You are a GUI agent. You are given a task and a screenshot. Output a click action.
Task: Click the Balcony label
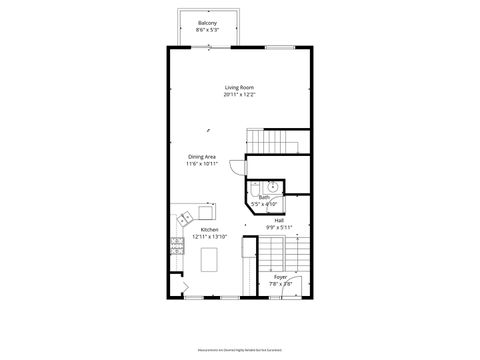click(207, 23)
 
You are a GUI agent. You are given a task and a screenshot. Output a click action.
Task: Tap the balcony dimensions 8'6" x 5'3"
click(207, 30)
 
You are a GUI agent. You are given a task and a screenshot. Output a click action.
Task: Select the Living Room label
click(239, 88)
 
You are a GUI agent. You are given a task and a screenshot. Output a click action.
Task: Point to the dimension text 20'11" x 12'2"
click(239, 95)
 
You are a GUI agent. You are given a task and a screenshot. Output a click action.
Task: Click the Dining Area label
click(202, 156)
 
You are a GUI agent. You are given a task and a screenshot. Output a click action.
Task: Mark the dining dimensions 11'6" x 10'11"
click(202, 163)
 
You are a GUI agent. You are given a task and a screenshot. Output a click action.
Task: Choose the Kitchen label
click(209, 229)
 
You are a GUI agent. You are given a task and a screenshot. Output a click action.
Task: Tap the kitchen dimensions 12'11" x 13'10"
click(209, 236)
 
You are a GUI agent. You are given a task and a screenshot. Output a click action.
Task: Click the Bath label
click(264, 197)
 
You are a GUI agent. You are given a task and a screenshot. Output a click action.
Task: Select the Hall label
click(279, 220)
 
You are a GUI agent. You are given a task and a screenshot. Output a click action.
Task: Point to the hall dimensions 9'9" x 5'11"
click(279, 227)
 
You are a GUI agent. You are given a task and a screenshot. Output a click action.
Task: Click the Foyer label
click(280, 277)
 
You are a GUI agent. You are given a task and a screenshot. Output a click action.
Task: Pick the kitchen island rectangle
click(210, 260)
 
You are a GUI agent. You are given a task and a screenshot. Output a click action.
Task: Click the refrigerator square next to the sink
click(206, 212)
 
